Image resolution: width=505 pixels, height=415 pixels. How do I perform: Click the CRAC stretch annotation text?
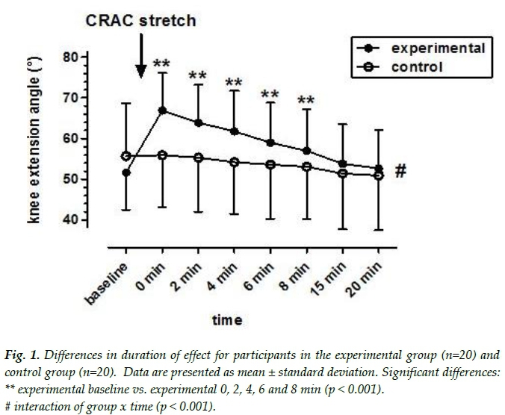(x=140, y=20)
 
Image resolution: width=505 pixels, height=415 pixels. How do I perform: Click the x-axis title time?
(x=227, y=320)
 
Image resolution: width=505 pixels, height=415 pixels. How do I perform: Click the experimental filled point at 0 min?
(x=162, y=110)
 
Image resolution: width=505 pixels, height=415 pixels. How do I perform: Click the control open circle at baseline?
(x=126, y=156)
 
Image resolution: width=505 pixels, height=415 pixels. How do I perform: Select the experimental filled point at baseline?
(x=126, y=173)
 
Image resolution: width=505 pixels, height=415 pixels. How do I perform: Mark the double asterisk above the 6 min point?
(x=270, y=96)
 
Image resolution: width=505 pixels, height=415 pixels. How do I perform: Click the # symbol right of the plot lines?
(x=400, y=171)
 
